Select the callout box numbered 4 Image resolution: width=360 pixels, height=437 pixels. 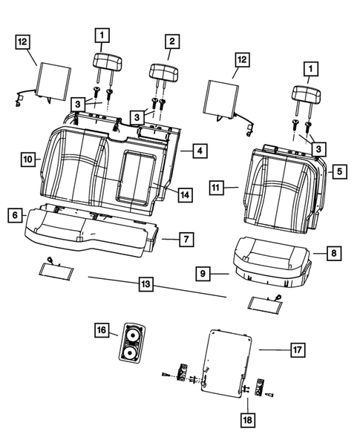pos(200,151)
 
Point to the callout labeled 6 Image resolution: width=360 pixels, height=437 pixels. pos(14,214)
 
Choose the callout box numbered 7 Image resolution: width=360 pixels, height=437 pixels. pos(187,239)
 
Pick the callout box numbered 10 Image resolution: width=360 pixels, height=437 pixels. pos(27,160)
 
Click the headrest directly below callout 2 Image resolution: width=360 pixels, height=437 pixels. pos(164,72)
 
